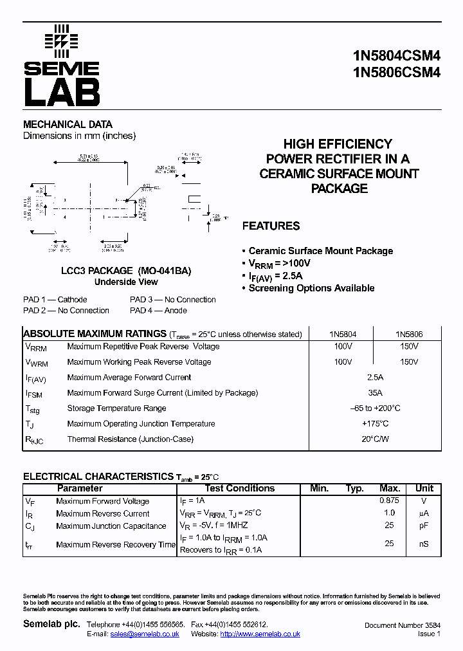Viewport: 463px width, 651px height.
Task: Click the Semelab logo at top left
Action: pos(61,66)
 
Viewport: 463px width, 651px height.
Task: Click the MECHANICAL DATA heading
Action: pos(68,124)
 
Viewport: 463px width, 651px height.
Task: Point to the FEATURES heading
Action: pos(271,226)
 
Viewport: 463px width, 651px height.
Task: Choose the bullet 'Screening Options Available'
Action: pos(311,288)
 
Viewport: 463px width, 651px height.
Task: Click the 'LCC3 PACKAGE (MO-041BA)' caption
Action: pos(126,271)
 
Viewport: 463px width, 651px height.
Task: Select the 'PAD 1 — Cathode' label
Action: pos(55,300)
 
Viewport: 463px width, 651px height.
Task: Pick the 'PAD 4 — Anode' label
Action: pos(158,311)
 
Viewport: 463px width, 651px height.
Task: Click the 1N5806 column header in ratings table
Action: pos(408,335)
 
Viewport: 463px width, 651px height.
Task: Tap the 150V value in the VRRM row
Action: pos(408,346)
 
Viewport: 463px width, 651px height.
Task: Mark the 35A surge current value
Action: pos(376,393)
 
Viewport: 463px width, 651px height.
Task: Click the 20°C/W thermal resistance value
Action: pos(376,439)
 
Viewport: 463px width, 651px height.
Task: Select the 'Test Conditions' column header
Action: pos(240,489)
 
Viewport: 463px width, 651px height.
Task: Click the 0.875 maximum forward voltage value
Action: pos(389,501)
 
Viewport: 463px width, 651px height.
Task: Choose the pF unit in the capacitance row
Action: pos(423,526)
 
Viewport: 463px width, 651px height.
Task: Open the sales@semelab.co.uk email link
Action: pos(145,634)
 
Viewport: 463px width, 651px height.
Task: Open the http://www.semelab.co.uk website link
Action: pos(260,634)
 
